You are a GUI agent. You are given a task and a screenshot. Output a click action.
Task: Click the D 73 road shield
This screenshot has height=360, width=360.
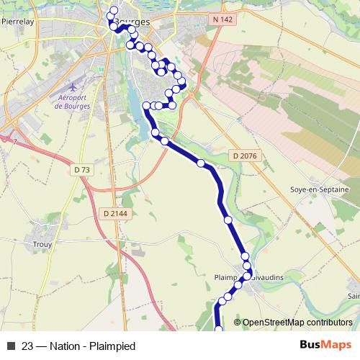click(83, 169)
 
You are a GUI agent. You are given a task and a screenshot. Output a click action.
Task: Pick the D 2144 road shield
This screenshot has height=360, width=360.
click(114, 213)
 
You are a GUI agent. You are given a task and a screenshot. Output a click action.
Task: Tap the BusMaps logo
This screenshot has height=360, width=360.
click(325, 346)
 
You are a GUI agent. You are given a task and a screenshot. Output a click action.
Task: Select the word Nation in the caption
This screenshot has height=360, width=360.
click(65, 346)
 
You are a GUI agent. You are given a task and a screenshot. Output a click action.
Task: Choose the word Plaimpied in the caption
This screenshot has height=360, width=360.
click(112, 346)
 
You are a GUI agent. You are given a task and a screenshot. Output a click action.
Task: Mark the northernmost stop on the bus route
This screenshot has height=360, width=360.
click(114, 10)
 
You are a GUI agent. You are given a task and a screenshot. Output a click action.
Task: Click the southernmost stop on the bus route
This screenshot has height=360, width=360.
click(219, 330)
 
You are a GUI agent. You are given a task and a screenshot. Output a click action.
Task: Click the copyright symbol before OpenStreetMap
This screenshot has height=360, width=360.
click(238, 323)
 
